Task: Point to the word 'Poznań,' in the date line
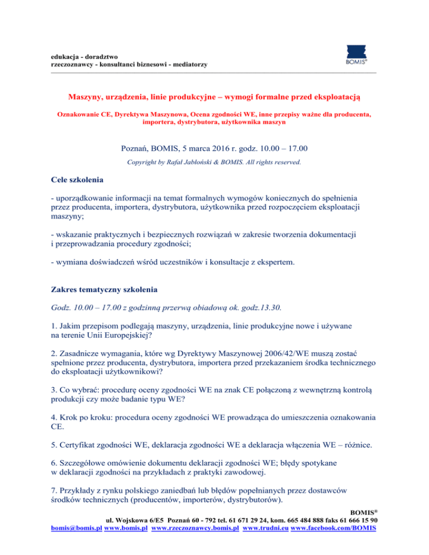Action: pos(137,149)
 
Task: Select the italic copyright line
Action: pos(214,163)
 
